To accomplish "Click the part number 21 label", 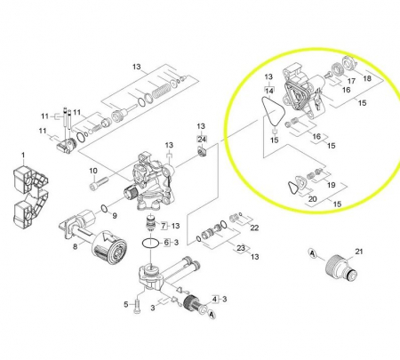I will (x=360, y=252).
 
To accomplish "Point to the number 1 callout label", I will (x=24, y=156).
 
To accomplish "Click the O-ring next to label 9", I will (x=105, y=210).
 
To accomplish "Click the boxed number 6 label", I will (x=165, y=242).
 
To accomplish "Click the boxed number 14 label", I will (x=268, y=90).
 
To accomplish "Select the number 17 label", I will (x=351, y=81).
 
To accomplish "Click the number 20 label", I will (x=312, y=199).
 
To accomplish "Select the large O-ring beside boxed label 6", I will (x=151, y=242).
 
